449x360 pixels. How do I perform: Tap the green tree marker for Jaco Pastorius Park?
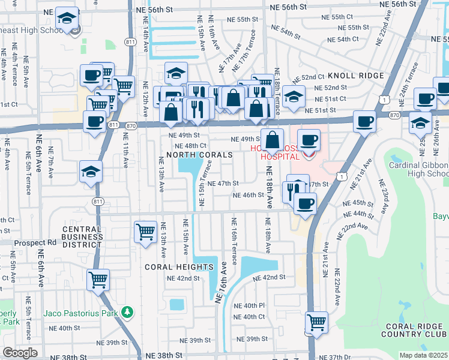tap(127, 312)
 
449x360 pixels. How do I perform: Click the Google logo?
tap(20, 353)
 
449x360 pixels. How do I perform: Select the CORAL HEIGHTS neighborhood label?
tap(179, 266)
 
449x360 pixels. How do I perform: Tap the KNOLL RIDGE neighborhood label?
tap(355, 76)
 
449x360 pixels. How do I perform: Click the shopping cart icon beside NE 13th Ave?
tap(146, 232)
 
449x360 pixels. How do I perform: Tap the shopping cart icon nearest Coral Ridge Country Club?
tap(316, 322)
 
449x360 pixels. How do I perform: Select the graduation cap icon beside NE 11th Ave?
tap(91, 172)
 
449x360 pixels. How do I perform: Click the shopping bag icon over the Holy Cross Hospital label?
tap(272, 139)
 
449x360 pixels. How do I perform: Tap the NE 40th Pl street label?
tap(250, 305)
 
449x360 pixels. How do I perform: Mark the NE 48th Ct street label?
tap(191, 146)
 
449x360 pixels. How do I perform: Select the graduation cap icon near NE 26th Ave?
tap(421, 122)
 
